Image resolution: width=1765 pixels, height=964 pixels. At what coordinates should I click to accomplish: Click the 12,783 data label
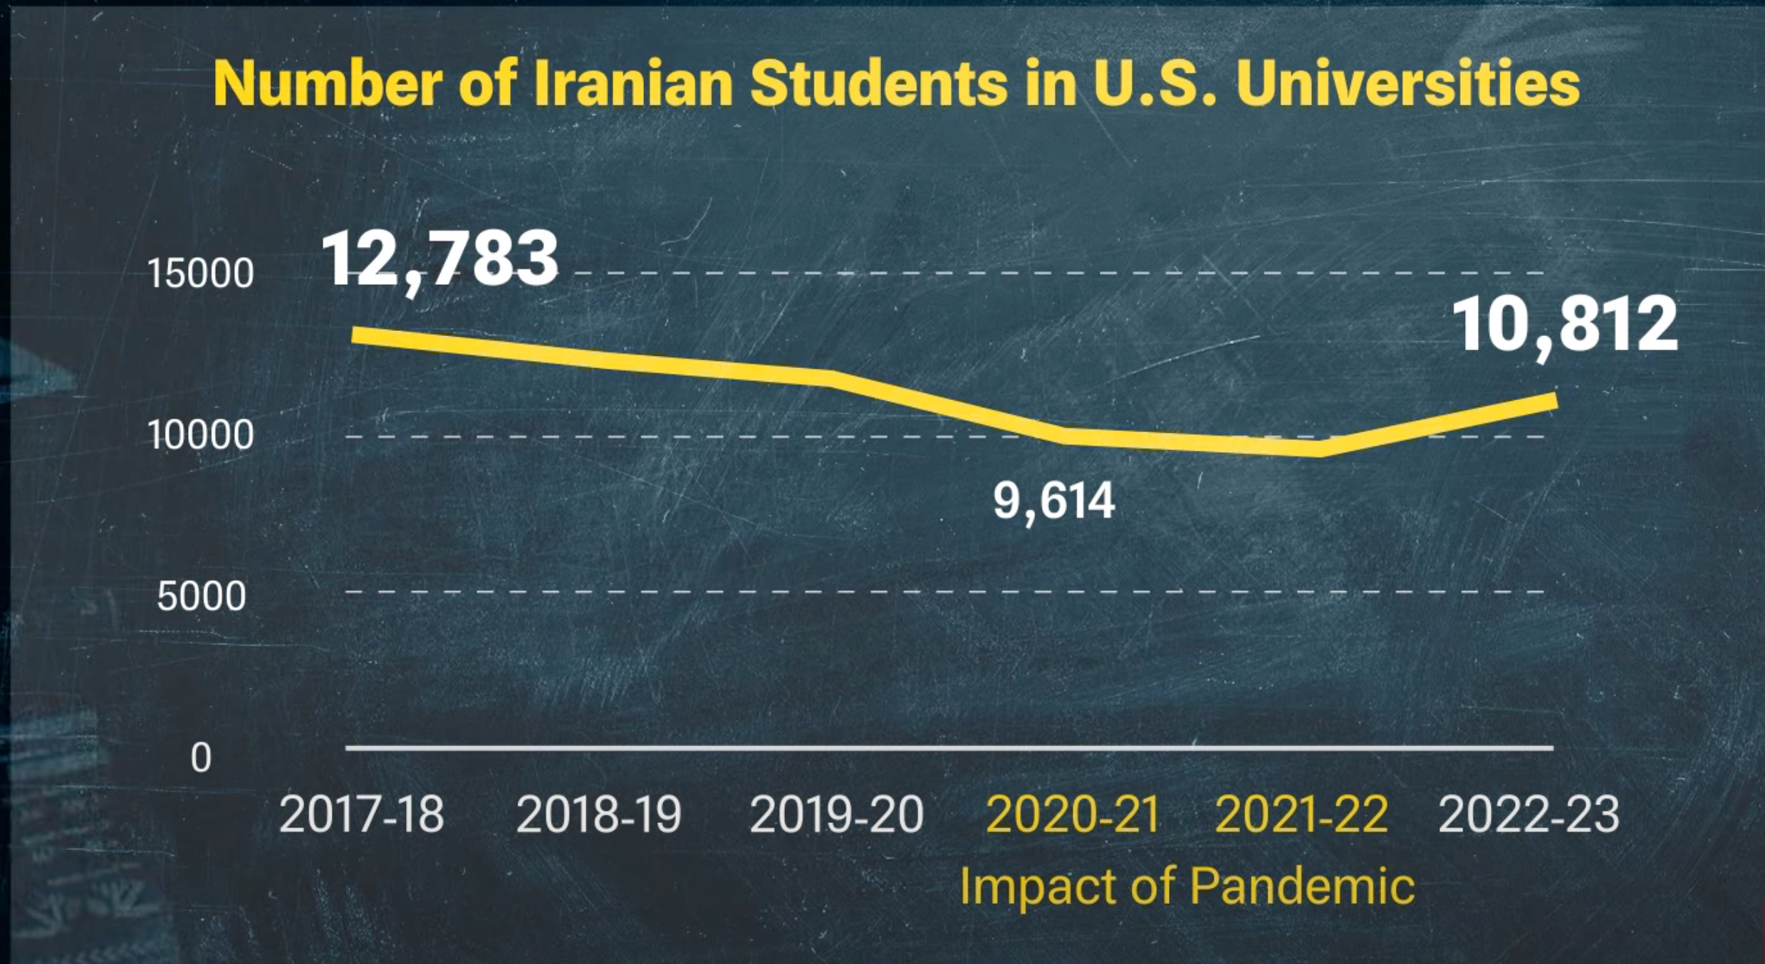coord(439,260)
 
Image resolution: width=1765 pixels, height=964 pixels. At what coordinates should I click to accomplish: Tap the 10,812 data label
coord(1564,325)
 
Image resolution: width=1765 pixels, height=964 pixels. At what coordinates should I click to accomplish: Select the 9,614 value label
coord(1053,501)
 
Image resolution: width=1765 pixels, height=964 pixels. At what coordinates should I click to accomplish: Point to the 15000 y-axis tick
coord(200,273)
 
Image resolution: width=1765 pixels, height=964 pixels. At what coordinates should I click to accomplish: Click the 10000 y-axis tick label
coord(200,435)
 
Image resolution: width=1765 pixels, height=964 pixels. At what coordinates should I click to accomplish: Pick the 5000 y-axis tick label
coord(202,596)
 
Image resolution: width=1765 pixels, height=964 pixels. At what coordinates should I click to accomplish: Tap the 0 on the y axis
coord(201,758)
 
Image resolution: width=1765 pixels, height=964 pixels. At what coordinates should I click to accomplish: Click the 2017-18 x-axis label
coord(362,814)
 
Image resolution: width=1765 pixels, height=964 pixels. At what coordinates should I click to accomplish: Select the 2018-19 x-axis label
coord(598,814)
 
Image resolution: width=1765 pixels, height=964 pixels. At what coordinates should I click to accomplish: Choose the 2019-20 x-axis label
coord(836,814)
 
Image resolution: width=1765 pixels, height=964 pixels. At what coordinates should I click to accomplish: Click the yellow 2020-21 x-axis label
coord(1073,814)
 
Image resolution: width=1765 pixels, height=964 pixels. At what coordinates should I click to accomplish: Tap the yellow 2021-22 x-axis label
coord(1301,814)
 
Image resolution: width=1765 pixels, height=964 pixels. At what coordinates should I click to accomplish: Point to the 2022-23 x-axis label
coord(1529,814)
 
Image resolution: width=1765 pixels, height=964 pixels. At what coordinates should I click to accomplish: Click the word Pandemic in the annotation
coord(1302,886)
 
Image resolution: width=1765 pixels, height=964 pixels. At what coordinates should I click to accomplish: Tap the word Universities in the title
coord(1408,84)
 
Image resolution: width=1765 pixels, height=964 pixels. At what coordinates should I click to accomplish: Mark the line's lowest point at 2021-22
coord(1320,448)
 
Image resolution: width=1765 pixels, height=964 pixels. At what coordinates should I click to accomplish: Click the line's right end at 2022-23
coord(1553,401)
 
